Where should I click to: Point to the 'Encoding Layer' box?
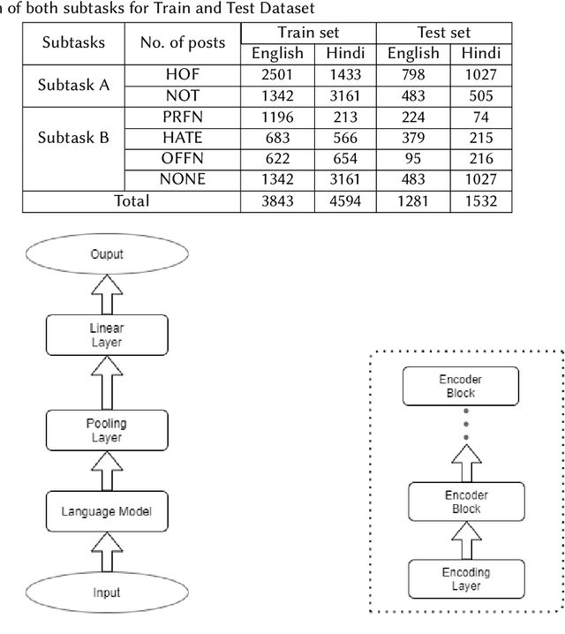coord(465,578)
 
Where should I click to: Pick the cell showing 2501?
coord(277,75)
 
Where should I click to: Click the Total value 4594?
coord(345,200)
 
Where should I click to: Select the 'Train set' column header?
coord(308,33)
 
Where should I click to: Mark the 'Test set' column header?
coord(443,33)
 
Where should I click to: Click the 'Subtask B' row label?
coord(74,138)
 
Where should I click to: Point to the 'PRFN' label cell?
coord(183,117)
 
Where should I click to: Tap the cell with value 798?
coord(413,75)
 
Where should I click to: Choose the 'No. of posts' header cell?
coord(183,42)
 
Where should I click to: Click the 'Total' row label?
coord(132,200)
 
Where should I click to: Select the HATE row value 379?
coord(413,138)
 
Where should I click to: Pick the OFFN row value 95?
coord(413,159)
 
